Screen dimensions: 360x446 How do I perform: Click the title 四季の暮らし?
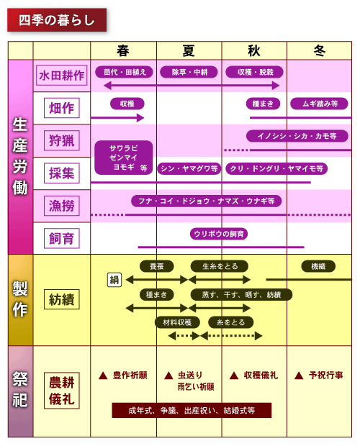pyautogui.click(x=57, y=20)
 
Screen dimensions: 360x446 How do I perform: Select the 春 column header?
pyautogui.click(x=123, y=51)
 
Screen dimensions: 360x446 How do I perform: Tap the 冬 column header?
pyautogui.click(x=319, y=51)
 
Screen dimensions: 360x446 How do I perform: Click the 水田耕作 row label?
pyautogui.click(x=61, y=76)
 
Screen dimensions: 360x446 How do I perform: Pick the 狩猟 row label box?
pyautogui.click(x=61, y=140)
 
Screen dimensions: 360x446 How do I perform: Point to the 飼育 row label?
pyautogui.click(x=61, y=238)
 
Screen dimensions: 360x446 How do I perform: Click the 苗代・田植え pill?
pyautogui.click(x=124, y=72)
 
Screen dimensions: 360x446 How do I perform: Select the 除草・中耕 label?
pyautogui.click(x=189, y=72)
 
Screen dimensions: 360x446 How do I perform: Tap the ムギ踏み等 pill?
pyautogui.click(x=319, y=104)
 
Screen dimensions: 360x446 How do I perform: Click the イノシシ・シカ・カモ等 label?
pyautogui.click(x=297, y=136)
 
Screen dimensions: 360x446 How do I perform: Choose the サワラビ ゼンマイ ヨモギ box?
pyautogui.click(x=124, y=158)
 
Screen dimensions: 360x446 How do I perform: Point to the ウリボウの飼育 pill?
pyautogui.click(x=219, y=234)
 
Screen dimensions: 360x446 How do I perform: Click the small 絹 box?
pyautogui.click(x=114, y=280)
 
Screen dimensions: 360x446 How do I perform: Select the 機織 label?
pyautogui.click(x=318, y=266)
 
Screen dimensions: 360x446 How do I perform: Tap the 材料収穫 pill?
pyautogui.click(x=177, y=322)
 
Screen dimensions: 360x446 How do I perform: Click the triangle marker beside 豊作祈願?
pyautogui.click(x=103, y=376)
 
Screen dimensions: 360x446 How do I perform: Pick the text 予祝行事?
pyautogui.click(x=326, y=376)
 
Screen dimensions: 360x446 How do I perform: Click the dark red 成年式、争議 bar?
pyautogui.click(x=192, y=410)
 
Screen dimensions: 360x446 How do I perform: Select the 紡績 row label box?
pyautogui.click(x=61, y=299)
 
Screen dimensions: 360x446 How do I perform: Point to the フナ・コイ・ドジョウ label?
pyautogui.click(x=207, y=201)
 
